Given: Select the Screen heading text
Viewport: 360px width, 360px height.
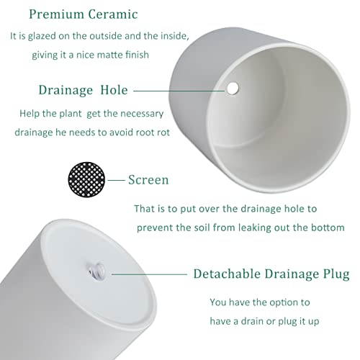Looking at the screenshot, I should click(148, 180).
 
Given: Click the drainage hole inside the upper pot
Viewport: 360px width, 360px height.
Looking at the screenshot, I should click(233, 89).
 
